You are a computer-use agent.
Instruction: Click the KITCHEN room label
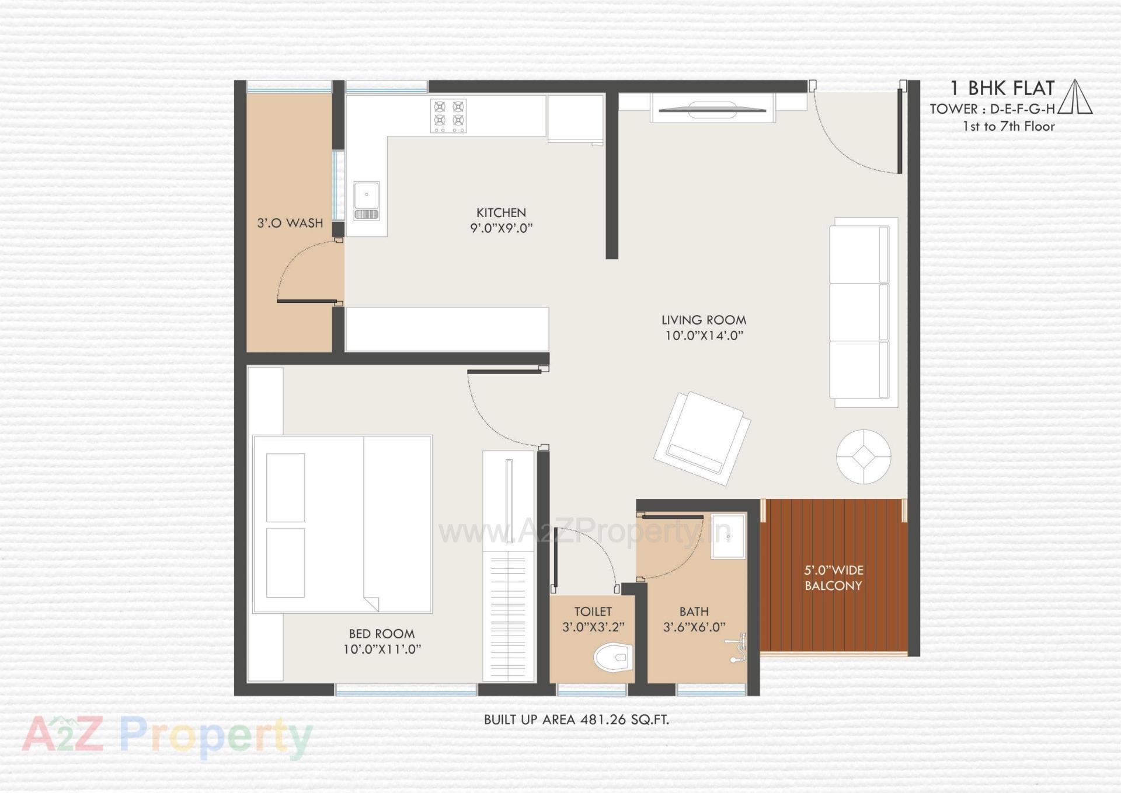[x=501, y=213]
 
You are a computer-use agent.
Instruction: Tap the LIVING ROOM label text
[x=704, y=320]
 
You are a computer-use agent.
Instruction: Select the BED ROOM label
[x=382, y=634]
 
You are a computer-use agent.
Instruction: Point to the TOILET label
[x=593, y=612]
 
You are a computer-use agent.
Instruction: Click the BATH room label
[x=694, y=612]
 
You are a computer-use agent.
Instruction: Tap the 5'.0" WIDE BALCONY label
[x=833, y=578]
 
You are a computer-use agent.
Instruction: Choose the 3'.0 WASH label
[x=290, y=223]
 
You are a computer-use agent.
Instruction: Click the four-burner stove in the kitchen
[x=448, y=115]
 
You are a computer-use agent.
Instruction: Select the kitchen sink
[x=367, y=200]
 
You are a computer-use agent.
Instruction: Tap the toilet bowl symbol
[x=613, y=658]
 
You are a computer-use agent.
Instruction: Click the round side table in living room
[x=864, y=456]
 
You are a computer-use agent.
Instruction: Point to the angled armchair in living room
[x=702, y=438]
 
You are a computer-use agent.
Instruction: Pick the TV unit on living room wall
[x=712, y=109]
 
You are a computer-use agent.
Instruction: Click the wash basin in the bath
[x=728, y=536]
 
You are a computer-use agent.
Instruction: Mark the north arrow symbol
[x=1075, y=97]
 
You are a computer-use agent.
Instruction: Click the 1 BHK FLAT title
[x=1002, y=88]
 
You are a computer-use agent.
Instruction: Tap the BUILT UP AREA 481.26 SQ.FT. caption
[x=576, y=719]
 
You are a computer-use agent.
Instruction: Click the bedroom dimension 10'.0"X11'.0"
[x=382, y=649]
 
